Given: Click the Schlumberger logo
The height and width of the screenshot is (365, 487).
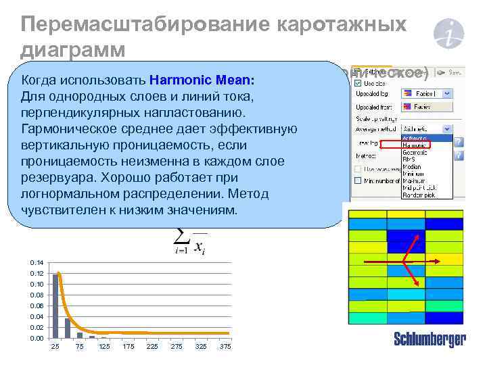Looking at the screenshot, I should [430, 339].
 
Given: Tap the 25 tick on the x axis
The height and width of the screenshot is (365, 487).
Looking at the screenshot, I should [55, 347].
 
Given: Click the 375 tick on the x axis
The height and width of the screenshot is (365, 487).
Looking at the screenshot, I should [225, 347].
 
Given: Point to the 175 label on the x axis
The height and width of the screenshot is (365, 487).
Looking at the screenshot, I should [128, 347].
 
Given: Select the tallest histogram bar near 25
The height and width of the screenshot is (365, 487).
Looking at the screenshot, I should [56, 304].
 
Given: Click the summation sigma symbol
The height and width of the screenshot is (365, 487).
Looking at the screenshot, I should [181, 236].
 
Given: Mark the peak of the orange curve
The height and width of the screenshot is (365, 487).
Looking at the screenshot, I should [57, 273].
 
